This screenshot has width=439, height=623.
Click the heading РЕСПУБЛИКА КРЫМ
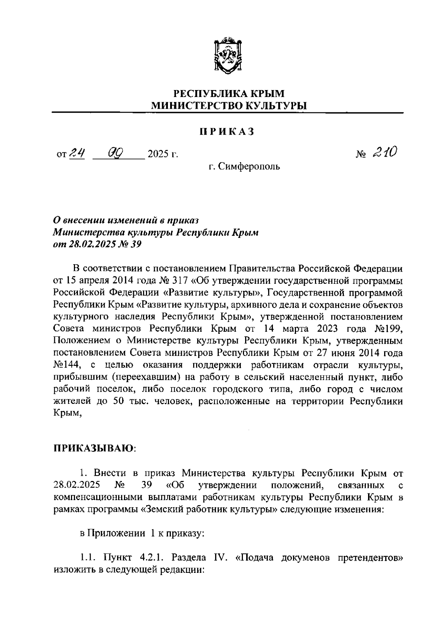228,94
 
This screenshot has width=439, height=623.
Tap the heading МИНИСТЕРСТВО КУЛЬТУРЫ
228,106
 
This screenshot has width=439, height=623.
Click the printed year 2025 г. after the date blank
162,154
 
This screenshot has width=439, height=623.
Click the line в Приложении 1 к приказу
142,534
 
